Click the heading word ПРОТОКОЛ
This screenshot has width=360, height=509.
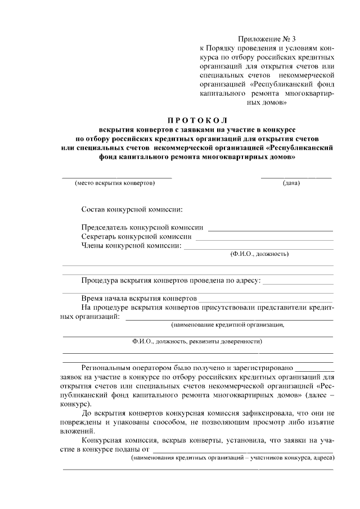coord(196,120)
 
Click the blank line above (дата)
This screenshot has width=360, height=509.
coord(296,177)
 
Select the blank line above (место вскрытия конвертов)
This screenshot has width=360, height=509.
coord(116,177)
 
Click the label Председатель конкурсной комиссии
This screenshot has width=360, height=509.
coord(142,228)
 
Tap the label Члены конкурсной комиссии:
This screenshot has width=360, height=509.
coord(131,246)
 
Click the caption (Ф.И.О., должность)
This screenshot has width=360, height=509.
coord(259,254)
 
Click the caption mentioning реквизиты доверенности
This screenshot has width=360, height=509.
coord(196,341)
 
